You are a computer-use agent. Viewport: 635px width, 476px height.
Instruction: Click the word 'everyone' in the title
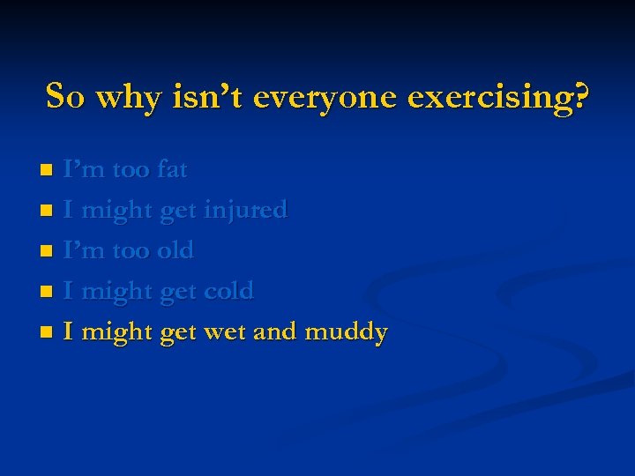(x=325, y=97)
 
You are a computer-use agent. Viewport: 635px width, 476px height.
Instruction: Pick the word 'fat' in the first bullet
(x=172, y=168)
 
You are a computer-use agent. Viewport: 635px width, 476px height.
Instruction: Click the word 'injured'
(x=245, y=210)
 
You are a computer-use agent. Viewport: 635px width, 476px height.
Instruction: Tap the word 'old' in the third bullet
(x=175, y=250)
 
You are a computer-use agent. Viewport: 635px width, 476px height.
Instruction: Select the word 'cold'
(x=228, y=290)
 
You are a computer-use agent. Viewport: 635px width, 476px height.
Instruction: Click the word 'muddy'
(x=346, y=332)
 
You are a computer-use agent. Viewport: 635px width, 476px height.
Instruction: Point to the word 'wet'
(x=225, y=332)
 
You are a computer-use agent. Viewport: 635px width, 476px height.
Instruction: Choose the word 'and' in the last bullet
(x=275, y=331)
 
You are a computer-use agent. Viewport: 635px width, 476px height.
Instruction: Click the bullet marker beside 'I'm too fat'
(x=48, y=169)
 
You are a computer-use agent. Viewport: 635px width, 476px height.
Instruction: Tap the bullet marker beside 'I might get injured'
(x=48, y=211)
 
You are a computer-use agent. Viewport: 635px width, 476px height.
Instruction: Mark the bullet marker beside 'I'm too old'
(x=48, y=251)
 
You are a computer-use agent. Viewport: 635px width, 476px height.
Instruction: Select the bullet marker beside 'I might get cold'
(x=48, y=292)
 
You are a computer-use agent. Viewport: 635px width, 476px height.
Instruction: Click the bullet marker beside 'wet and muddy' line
(x=48, y=333)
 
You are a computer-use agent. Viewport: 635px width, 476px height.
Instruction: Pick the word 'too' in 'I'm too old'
(x=131, y=250)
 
